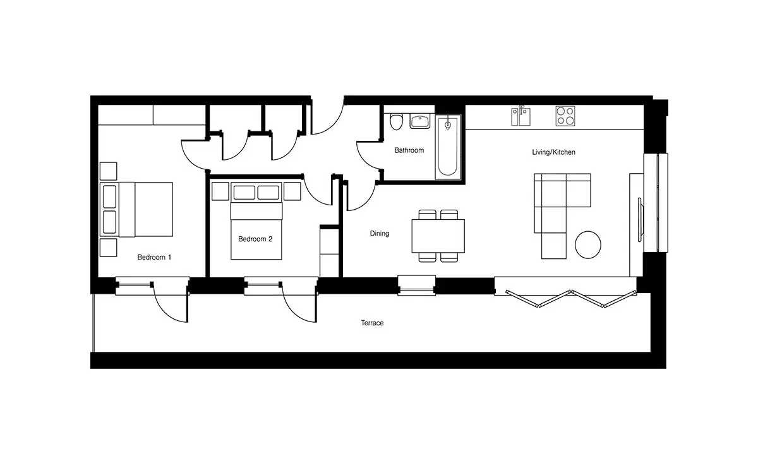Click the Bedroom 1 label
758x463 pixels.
pyautogui.click(x=154, y=257)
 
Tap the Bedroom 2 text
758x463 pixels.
pyautogui.click(x=255, y=239)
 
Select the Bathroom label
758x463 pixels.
pyautogui.click(x=409, y=150)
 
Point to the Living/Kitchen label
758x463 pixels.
pyautogui.click(x=553, y=152)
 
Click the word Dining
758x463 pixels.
pyautogui.click(x=380, y=234)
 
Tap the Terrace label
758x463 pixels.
pyautogui.click(x=372, y=323)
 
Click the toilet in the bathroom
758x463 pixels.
pyautogui.click(x=396, y=122)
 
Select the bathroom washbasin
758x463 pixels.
pyautogui.click(x=420, y=121)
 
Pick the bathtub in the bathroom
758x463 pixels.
pyautogui.click(x=448, y=147)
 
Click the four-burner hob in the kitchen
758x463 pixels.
pyautogui.click(x=565, y=116)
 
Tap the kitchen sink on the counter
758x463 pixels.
pyautogui.click(x=520, y=116)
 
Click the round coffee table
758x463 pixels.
pyautogui.click(x=588, y=244)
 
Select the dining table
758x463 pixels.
pyautogui.click(x=438, y=236)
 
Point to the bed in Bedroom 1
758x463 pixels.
pyautogui.click(x=136, y=210)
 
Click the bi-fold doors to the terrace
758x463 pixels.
pyautogui.click(x=570, y=299)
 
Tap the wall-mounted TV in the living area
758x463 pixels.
pyautogui.click(x=639, y=220)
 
